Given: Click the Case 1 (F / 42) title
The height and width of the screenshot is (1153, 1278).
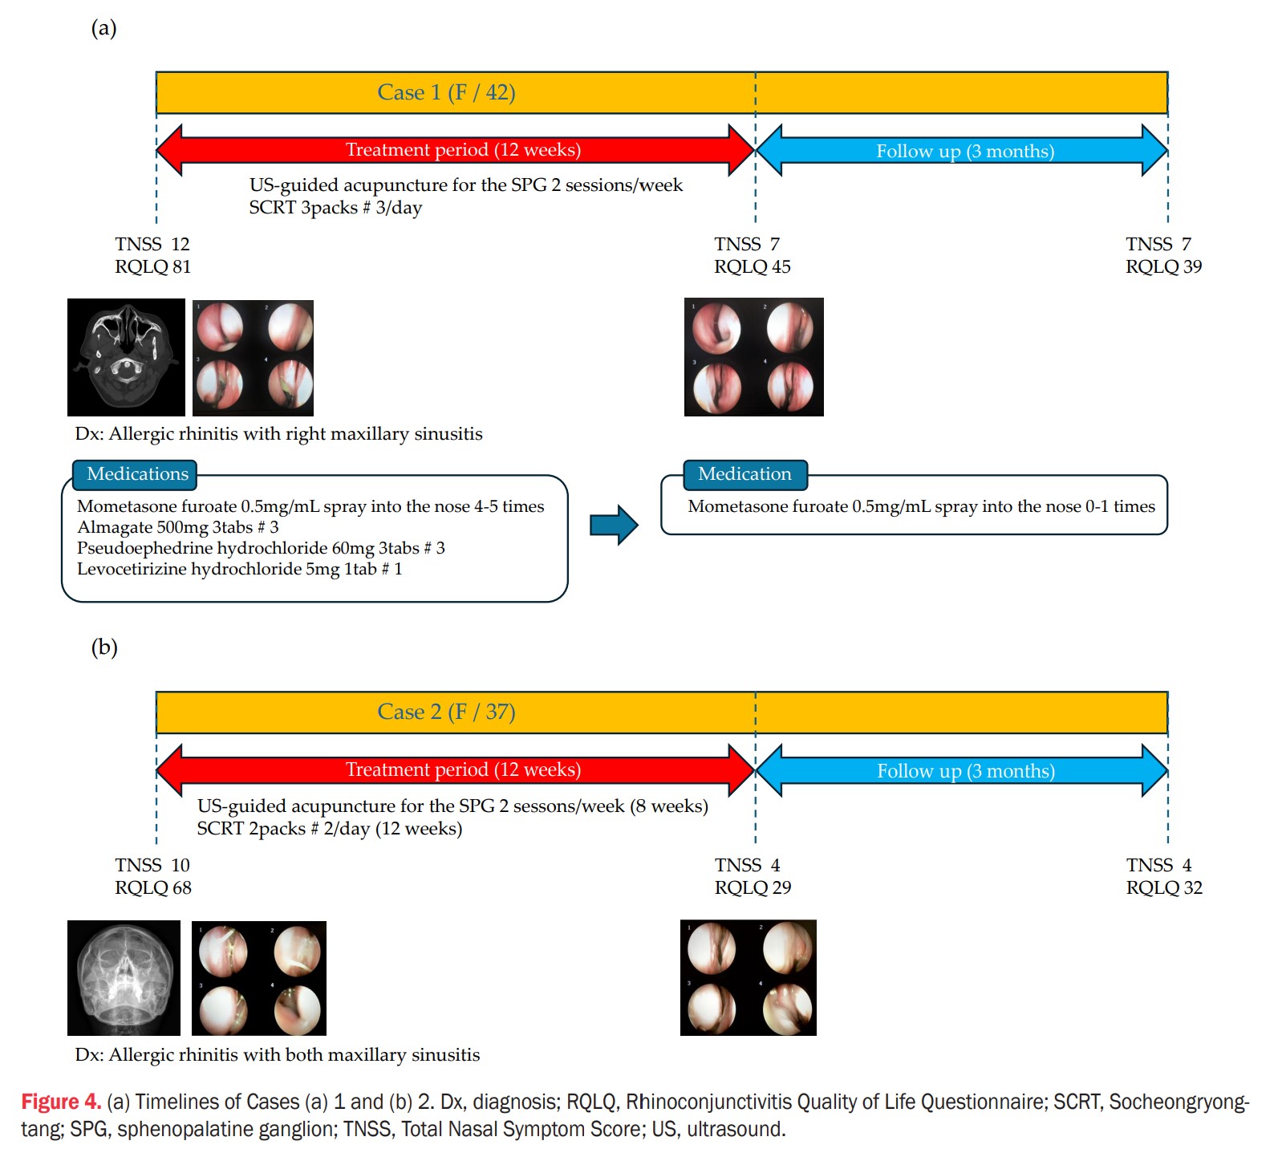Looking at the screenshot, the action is [x=446, y=92].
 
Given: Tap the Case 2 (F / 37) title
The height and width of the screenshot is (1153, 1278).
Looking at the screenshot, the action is [x=446, y=712].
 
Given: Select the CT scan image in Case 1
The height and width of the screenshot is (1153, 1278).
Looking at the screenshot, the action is [x=126, y=357].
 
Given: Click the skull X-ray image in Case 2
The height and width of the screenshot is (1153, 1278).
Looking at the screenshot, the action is [x=124, y=978].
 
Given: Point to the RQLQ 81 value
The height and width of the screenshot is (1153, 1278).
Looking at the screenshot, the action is [x=153, y=266].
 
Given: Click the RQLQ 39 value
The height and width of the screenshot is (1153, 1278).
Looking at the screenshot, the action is [x=1163, y=266].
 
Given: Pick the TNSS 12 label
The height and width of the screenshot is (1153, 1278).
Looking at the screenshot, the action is [x=152, y=244].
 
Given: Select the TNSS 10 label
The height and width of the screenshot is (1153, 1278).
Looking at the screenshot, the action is [x=152, y=865].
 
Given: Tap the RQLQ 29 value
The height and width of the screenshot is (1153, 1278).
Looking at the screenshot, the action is [x=753, y=887].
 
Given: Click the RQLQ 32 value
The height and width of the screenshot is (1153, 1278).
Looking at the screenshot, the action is [x=1164, y=887].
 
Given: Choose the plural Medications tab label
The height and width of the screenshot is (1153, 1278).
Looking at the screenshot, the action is [x=138, y=473].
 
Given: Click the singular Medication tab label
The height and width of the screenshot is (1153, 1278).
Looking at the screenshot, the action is [x=744, y=473].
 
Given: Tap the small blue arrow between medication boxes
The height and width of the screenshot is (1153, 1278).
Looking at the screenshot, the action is [x=614, y=526].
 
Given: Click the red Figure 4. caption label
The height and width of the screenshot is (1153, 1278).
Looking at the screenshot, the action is [x=61, y=1102].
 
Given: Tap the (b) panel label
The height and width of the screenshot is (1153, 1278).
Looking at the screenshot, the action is [x=104, y=647].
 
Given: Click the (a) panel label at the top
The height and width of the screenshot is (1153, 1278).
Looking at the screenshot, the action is [x=104, y=28].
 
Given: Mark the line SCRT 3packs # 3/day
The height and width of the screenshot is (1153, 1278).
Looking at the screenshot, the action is [x=335, y=207].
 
